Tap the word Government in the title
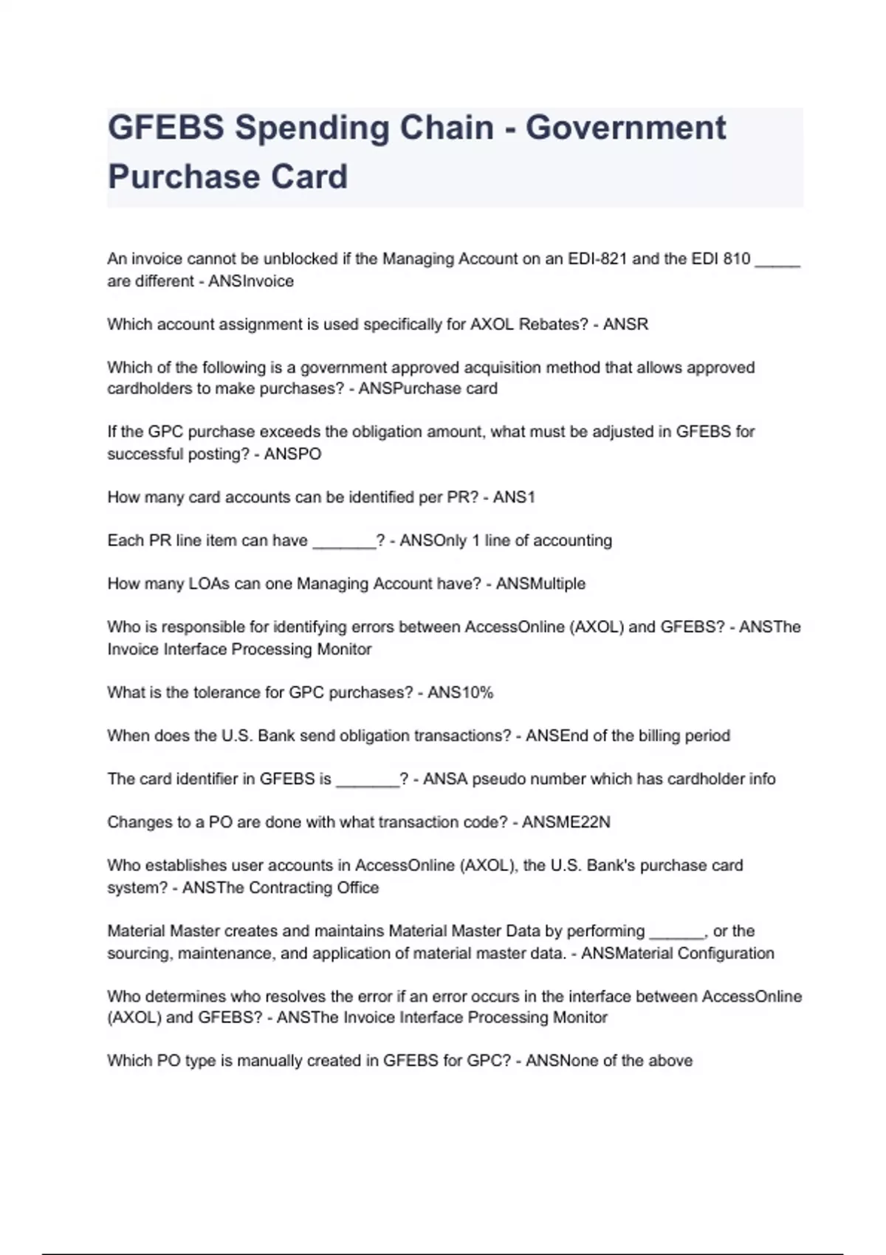click(626, 128)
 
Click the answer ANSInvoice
click(251, 281)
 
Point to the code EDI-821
click(597, 259)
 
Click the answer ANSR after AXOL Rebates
click(625, 324)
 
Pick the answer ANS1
click(514, 498)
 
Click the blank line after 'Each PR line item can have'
click(344, 543)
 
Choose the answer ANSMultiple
click(540, 584)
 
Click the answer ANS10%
click(460, 692)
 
